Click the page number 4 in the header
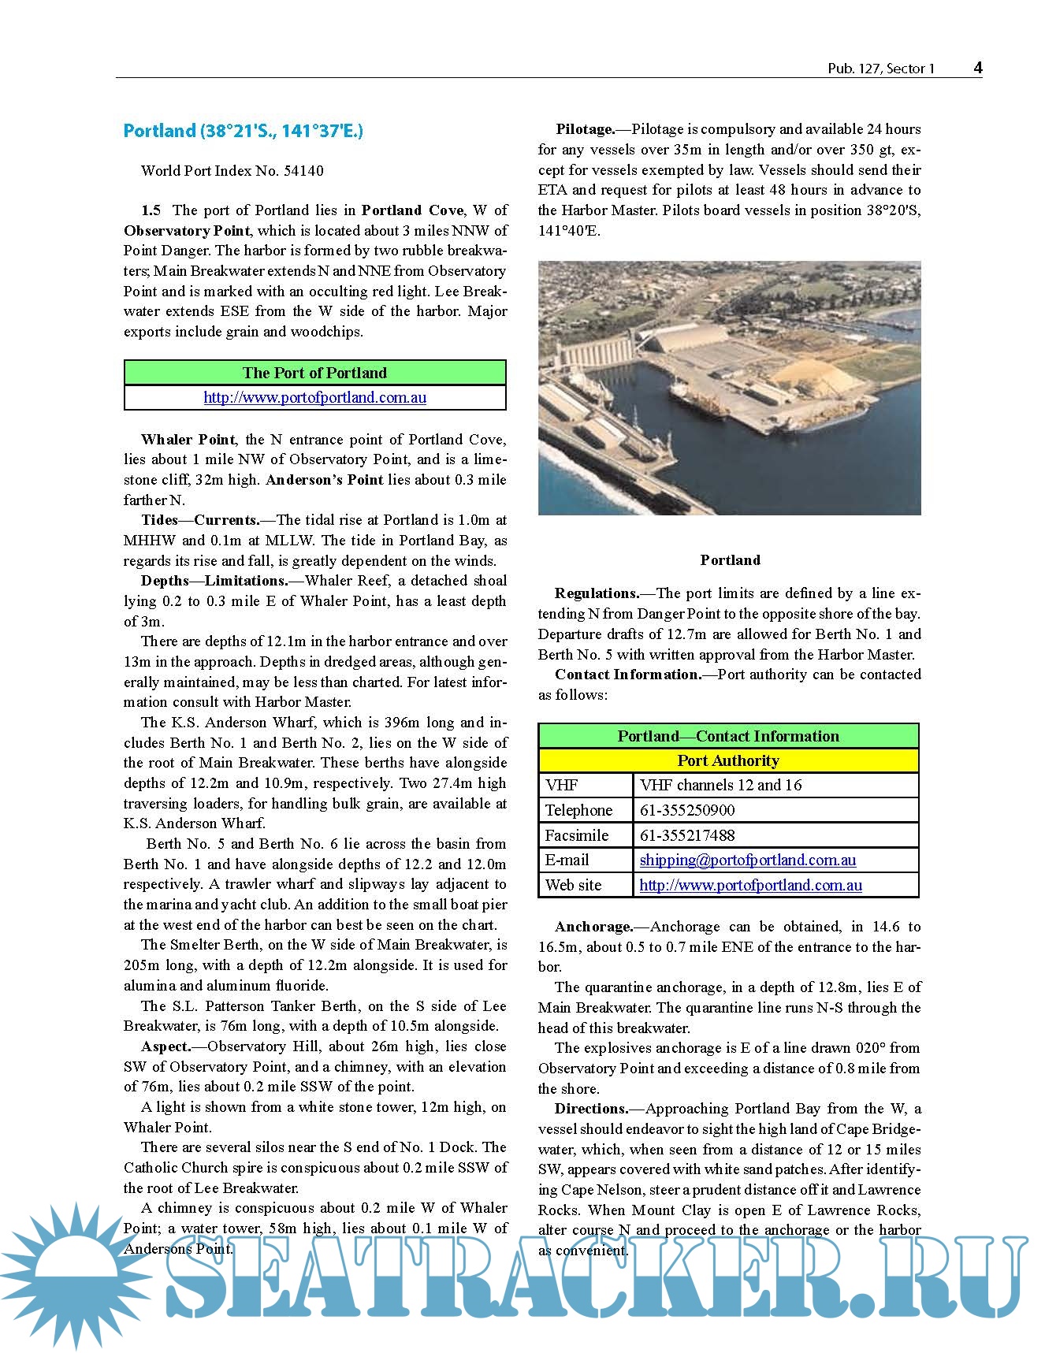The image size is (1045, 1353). pyautogui.click(x=977, y=68)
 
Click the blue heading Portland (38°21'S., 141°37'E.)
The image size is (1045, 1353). pyautogui.click(x=243, y=131)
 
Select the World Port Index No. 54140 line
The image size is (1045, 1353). pyautogui.click(x=232, y=171)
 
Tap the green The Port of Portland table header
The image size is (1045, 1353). pyautogui.click(x=314, y=373)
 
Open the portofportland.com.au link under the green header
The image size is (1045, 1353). pyautogui.click(x=314, y=397)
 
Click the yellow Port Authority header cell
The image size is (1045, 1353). pyautogui.click(x=728, y=760)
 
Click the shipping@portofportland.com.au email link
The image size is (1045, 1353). pyautogui.click(x=747, y=860)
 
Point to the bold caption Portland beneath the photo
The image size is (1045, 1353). pyautogui.click(x=730, y=560)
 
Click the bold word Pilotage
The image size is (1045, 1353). pyautogui.click(x=585, y=129)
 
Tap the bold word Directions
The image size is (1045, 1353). pyautogui.click(x=591, y=1109)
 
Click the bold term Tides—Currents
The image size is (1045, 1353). pyautogui.click(x=200, y=520)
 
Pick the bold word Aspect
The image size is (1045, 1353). pyautogui.click(x=166, y=1046)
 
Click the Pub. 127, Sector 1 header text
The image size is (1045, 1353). pyautogui.click(x=880, y=69)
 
